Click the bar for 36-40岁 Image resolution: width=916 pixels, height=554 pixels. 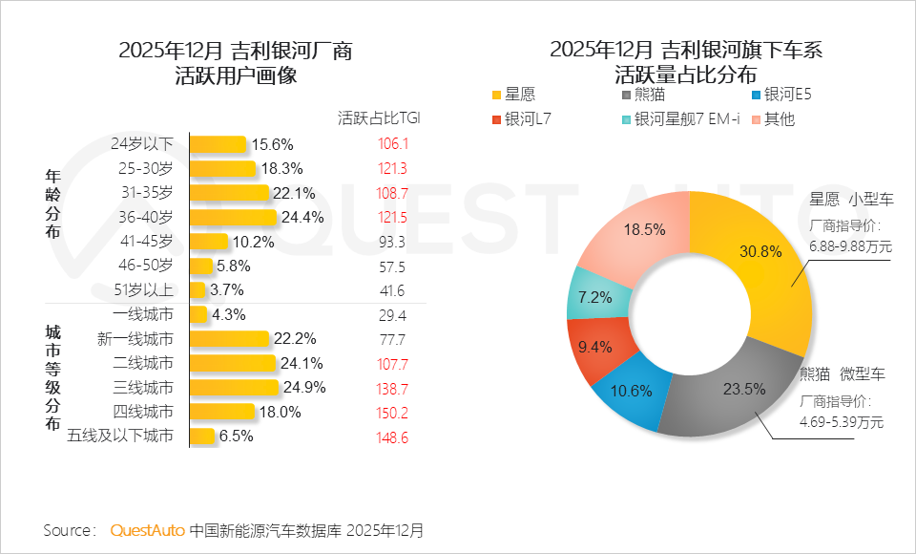pyautogui.click(x=233, y=217)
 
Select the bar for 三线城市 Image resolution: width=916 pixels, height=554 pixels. pyautogui.click(x=234, y=387)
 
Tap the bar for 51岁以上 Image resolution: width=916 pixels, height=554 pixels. pyautogui.click(x=198, y=289)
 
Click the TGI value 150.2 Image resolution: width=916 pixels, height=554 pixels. pyautogui.click(x=392, y=412)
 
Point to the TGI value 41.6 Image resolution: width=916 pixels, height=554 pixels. pyautogui.click(x=392, y=290)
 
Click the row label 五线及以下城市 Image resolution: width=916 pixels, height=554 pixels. pyautogui.click(x=121, y=437)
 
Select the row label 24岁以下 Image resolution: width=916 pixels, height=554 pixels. pyautogui.click(x=143, y=144)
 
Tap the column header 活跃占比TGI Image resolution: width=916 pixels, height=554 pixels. pyautogui.click(x=379, y=118)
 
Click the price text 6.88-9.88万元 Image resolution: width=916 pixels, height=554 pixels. pyautogui.click(x=850, y=246)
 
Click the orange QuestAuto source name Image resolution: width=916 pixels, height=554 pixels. pyautogui.click(x=147, y=530)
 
